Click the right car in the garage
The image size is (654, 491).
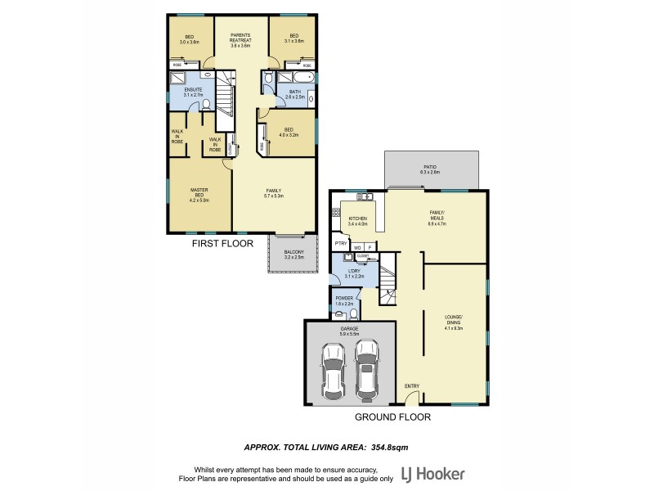pos(367,367)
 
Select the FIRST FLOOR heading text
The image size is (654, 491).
pos(222,243)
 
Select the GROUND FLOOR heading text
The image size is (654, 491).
pos(392,417)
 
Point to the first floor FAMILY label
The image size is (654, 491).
pos(273,191)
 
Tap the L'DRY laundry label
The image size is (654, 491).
pos(355,272)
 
